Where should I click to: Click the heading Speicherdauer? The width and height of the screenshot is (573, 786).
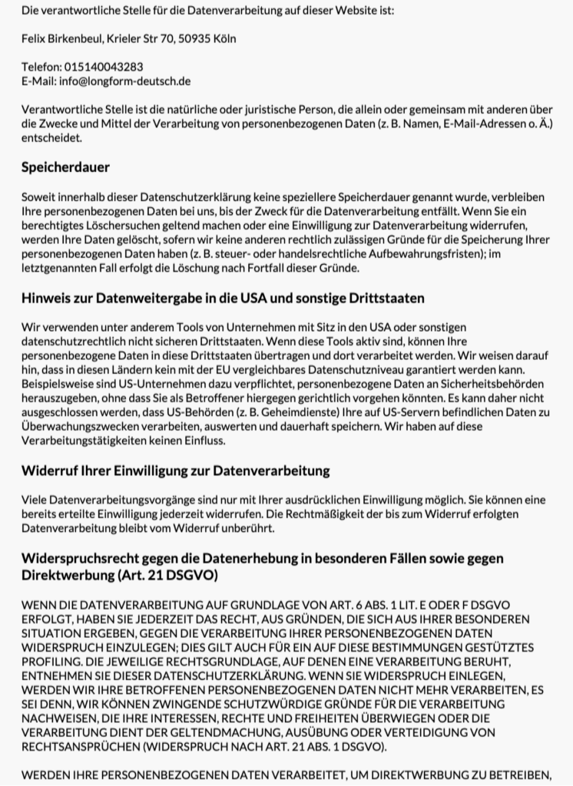(x=65, y=167)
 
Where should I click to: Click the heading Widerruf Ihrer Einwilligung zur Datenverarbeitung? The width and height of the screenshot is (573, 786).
(x=175, y=470)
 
